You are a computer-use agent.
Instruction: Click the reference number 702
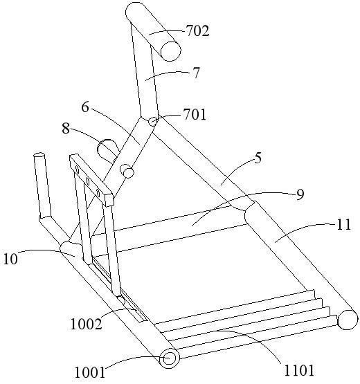tap(197, 31)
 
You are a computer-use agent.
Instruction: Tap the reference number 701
tap(195, 115)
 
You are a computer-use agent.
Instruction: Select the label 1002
tap(86, 324)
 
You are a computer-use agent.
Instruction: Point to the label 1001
tap(90, 373)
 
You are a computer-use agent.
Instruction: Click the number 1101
tap(299, 370)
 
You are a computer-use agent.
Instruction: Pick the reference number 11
tap(344, 225)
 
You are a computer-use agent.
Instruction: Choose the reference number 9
tap(300, 194)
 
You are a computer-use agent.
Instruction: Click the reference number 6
tap(84, 107)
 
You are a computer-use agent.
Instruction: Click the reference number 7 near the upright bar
tap(196, 73)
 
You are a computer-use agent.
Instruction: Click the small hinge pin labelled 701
tap(153, 121)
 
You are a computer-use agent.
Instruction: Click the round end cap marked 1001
tap(170, 359)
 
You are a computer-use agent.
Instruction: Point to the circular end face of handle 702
tap(170, 51)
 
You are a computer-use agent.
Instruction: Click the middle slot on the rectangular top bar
tap(87, 181)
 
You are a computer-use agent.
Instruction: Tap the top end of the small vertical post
tap(39, 155)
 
